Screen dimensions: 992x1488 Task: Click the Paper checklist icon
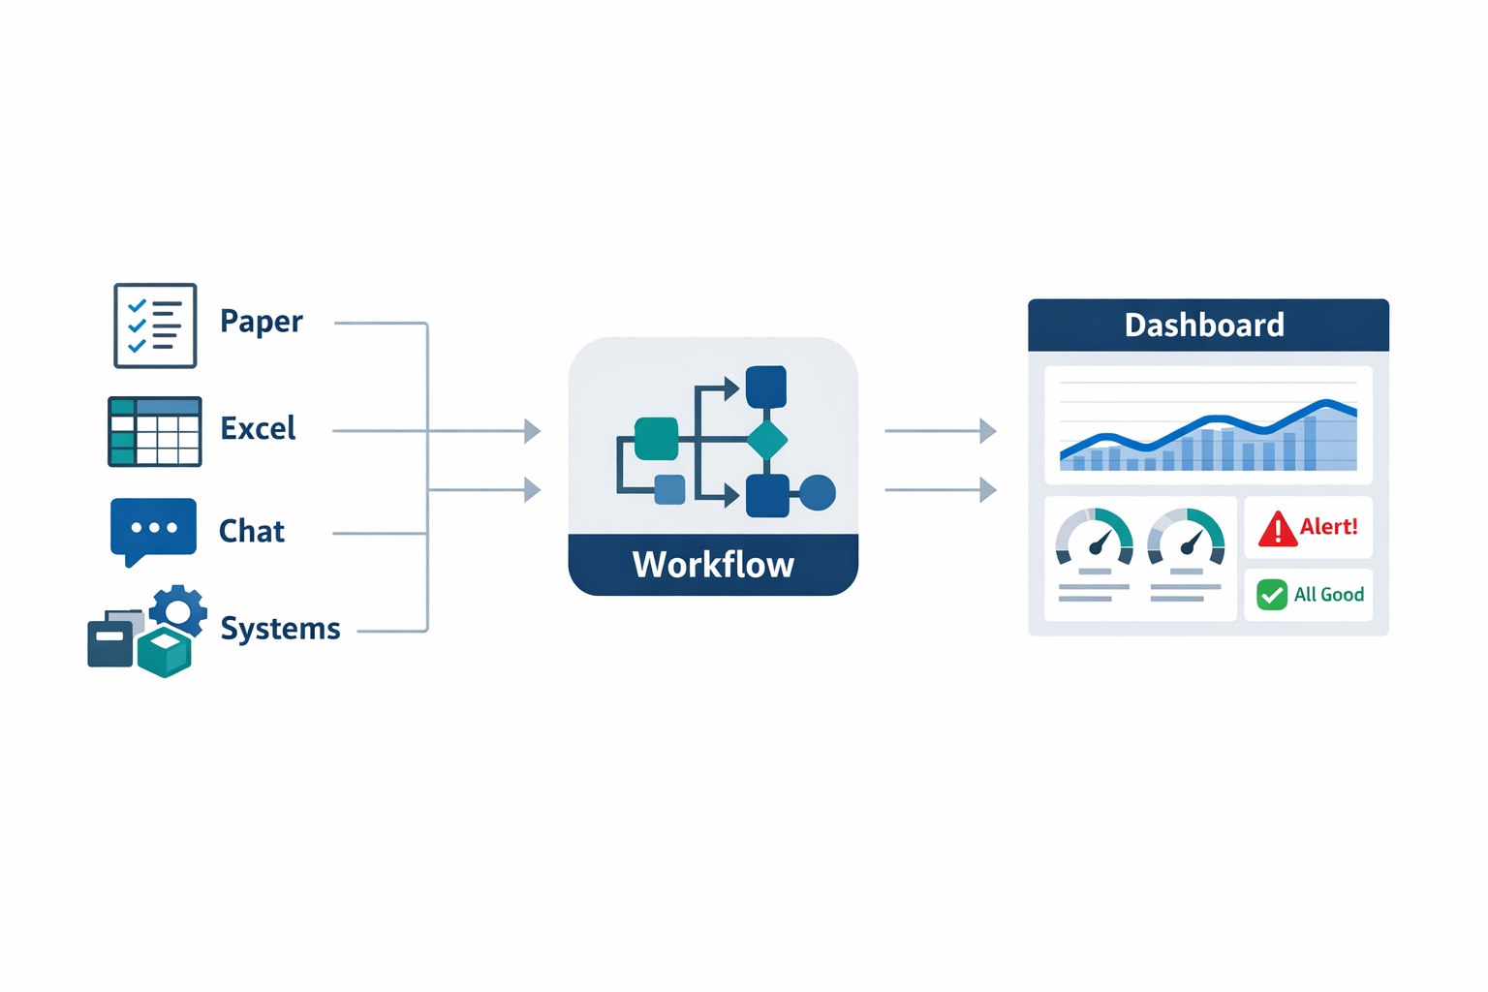(155, 325)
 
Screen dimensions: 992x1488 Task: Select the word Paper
(261, 322)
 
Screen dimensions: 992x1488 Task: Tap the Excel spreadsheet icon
(155, 431)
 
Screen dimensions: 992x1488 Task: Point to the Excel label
(258, 428)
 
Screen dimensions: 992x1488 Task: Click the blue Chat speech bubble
(153, 528)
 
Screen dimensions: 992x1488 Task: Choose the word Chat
(251, 531)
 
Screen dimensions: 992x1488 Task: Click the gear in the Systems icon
(177, 610)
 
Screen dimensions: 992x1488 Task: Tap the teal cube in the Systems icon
(165, 651)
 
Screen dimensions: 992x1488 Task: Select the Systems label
(280, 629)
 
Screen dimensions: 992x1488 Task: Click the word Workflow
(713, 565)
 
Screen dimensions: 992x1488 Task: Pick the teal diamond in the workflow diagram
(767, 440)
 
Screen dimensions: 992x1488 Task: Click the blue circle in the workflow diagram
(818, 493)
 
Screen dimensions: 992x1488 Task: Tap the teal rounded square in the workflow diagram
(656, 439)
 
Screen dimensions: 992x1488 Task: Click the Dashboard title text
(1204, 325)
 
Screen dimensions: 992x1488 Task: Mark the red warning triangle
(1277, 530)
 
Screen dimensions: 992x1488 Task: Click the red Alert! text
(1328, 527)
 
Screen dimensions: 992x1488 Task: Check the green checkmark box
(1272, 594)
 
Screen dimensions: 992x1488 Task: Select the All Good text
(1329, 595)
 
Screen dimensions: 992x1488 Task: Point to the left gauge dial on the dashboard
(1095, 539)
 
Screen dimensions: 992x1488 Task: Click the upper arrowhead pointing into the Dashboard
(987, 430)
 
